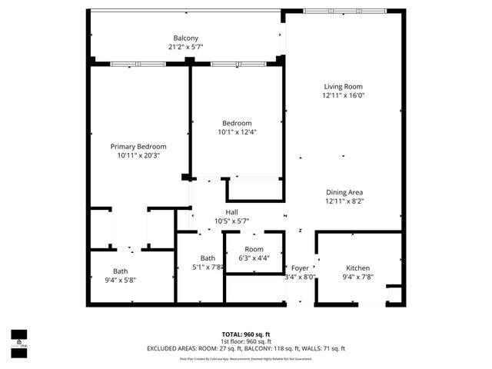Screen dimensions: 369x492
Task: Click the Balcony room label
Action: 185,38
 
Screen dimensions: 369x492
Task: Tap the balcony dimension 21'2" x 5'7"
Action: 185,48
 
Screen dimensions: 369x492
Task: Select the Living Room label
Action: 342,87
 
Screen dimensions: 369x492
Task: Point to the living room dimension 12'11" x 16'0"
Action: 342,96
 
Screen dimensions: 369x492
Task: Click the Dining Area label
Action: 344,192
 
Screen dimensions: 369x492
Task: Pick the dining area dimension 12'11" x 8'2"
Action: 344,201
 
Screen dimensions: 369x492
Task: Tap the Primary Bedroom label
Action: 138,146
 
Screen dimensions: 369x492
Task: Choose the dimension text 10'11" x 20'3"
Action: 138,155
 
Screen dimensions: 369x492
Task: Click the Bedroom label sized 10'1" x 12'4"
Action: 237,123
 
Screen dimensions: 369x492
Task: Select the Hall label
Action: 231,212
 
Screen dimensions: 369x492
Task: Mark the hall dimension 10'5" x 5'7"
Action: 231,221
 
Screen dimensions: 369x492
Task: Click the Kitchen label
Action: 357,268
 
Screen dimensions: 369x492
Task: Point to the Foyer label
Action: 300,268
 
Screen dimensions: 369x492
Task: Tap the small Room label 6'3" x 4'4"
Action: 254,250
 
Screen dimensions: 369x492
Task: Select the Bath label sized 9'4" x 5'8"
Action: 121,271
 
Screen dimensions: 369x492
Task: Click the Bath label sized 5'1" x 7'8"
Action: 208,258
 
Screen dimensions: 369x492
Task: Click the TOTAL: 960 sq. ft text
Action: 246,334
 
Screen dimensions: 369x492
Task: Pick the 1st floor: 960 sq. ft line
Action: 246,341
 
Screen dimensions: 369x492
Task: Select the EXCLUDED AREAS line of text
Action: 246,349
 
